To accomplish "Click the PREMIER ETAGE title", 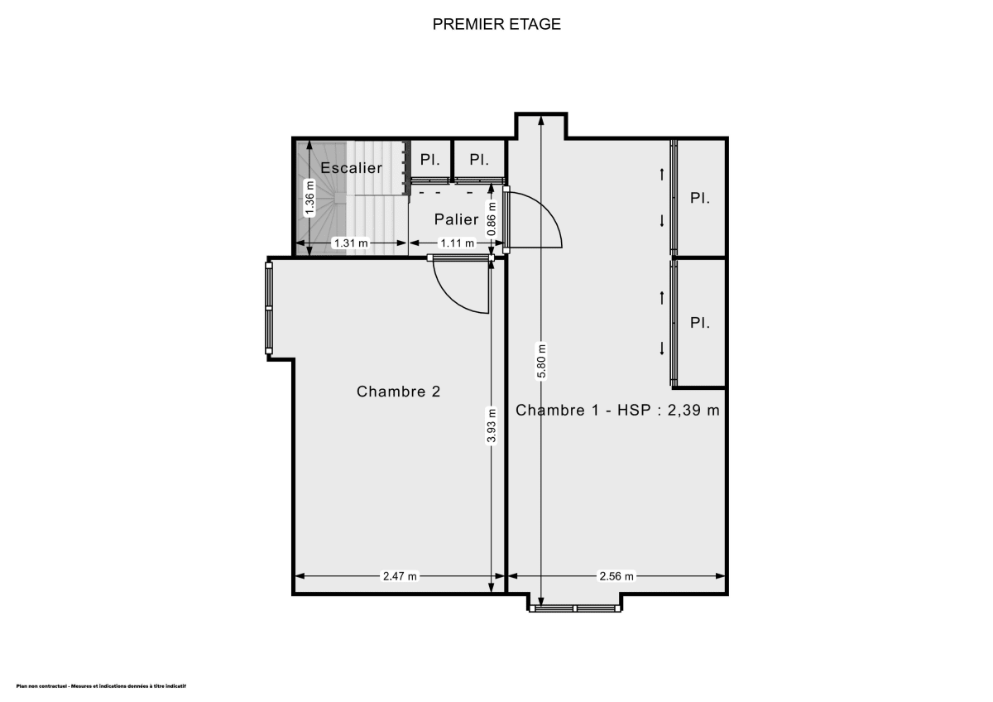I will [x=496, y=24].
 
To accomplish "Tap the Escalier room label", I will [x=352, y=168].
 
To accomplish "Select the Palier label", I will [x=457, y=219].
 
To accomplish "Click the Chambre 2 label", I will [x=398, y=392].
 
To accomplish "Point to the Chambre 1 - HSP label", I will [x=617, y=410].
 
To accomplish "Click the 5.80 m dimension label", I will [x=541, y=361].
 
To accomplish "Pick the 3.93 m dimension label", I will [x=492, y=427].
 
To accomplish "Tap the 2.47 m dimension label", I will [x=400, y=576].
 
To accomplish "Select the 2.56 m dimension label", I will [x=616, y=576].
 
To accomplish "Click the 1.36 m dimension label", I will [x=310, y=199].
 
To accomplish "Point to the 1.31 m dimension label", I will [x=350, y=243].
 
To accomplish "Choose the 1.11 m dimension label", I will [x=457, y=243].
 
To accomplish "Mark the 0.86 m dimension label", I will [x=492, y=219].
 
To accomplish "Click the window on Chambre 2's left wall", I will [x=269, y=308].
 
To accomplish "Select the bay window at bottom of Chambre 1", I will [x=575, y=608].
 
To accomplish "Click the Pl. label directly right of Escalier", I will [x=430, y=159].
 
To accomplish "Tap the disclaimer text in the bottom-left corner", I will [x=101, y=686].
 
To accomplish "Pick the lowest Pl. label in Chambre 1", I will [x=700, y=323].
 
